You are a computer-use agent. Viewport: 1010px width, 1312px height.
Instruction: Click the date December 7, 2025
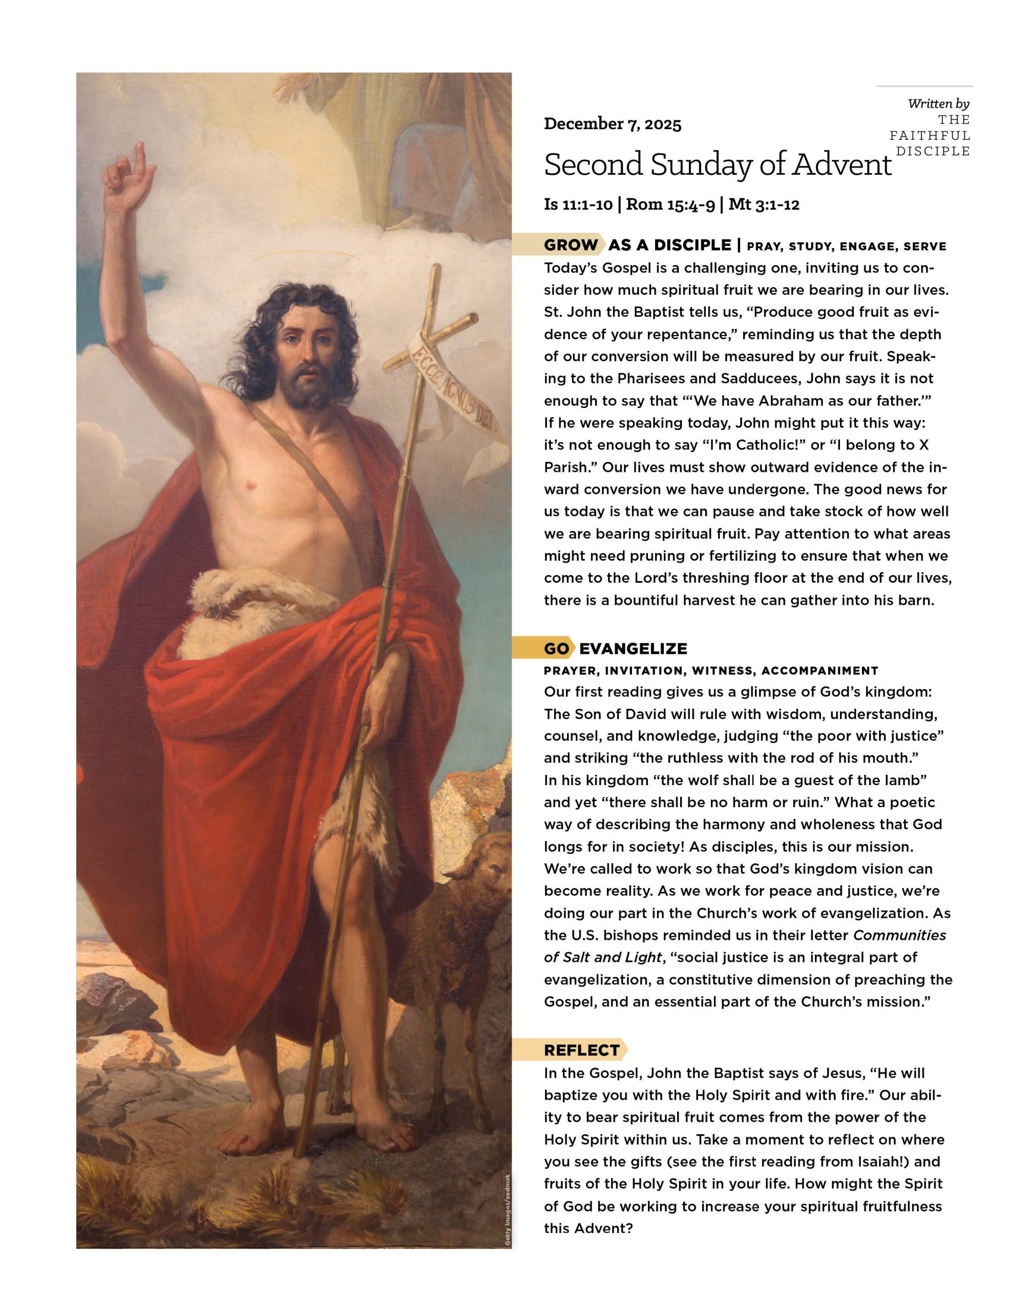pos(613,125)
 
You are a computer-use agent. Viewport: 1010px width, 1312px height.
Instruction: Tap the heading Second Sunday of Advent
pos(717,165)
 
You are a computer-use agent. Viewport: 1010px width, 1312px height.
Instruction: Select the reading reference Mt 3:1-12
pos(764,205)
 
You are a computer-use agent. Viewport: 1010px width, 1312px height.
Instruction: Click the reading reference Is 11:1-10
pos(578,205)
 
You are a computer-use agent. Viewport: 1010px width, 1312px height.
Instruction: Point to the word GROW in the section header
pos(571,245)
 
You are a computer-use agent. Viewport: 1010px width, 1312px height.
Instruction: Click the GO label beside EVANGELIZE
pos(556,649)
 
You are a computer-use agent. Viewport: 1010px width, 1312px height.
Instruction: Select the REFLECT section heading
pos(581,1050)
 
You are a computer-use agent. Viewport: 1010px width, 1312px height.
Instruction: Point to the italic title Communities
pos(899,935)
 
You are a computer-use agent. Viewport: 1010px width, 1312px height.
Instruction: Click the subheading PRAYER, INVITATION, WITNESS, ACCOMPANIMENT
pos(711,670)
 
